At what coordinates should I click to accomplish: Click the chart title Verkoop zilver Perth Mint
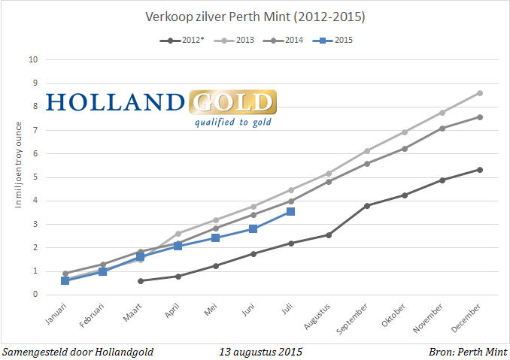255,16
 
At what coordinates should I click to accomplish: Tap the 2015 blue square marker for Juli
290,212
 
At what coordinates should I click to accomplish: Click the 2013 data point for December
480,93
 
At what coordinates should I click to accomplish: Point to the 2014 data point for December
480,117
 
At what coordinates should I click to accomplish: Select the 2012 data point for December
480,170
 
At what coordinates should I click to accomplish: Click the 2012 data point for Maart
140,281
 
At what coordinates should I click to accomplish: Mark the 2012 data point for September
366,205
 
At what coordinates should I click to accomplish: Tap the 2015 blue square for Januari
65,280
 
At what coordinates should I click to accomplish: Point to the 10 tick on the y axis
34,59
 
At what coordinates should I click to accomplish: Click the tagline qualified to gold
233,122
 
